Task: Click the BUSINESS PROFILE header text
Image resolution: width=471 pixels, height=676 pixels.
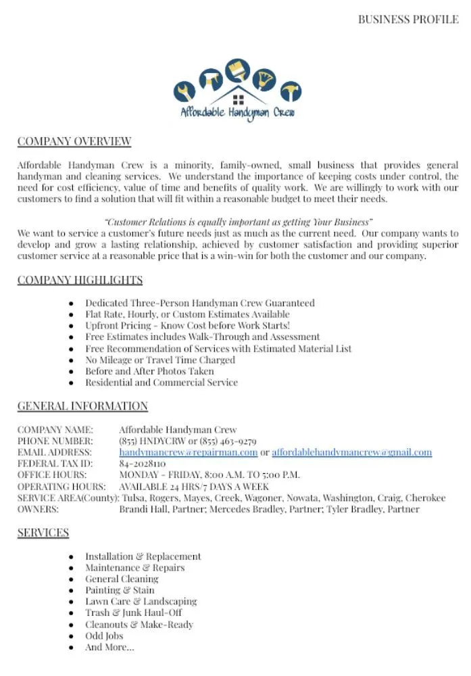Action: (x=407, y=19)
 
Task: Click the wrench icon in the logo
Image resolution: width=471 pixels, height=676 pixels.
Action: (x=184, y=89)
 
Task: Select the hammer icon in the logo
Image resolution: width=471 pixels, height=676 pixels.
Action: (x=291, y=91)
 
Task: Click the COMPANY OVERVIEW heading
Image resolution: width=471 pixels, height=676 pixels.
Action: (x=74, y=141)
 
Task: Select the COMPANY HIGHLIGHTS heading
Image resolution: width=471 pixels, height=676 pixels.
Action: (x=80, y=280)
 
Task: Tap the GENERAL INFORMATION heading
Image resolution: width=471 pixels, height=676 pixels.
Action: (x=82, y=406)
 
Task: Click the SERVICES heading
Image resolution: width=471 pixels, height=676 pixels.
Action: (x=43, y=533)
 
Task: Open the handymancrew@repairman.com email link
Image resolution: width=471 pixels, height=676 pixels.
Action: (x=189, y=452)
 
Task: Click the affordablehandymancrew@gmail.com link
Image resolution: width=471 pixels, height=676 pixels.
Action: (x=351, y=452)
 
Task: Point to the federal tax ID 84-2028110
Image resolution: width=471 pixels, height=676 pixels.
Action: (x=143, y=464)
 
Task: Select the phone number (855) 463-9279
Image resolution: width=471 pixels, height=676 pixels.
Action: (x=227, y=441)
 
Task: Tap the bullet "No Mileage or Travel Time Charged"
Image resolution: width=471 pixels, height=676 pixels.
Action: (x=160, y=360)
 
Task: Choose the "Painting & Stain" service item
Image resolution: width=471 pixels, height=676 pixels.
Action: (x=120, y=590)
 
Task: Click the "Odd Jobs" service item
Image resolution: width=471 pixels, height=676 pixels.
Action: (x=104, y=636)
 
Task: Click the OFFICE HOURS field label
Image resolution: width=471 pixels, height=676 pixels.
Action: (x=52, y=475)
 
